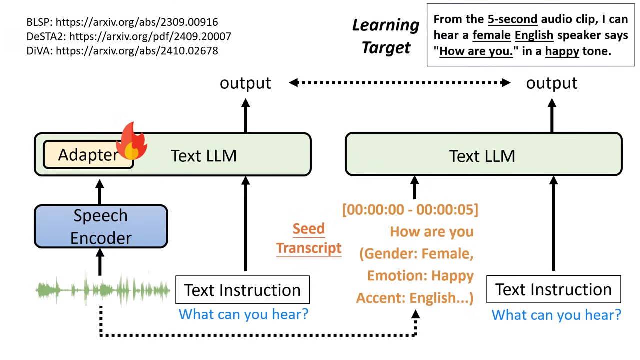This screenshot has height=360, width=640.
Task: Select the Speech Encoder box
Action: tap(101, 226)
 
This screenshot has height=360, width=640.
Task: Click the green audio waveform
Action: tap(102, 289)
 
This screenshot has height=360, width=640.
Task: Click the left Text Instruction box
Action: tap(242, 290)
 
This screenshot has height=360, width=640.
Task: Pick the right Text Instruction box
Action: tap(553, 289)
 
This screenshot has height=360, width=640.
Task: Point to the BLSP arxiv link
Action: tap(137, 22)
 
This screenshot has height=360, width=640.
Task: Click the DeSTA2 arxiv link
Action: tap(143, 36)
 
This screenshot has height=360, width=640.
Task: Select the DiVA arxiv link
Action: tap(137, 50)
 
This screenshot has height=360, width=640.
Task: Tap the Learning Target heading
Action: tap(386, 36)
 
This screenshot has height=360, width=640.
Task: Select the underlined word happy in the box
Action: tap(562, 51)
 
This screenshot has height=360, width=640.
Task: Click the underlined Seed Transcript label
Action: tap(309, 238)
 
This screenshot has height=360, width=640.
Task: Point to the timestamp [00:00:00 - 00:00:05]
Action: tap(410, 210)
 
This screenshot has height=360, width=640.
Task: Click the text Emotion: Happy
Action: tap(420, 276)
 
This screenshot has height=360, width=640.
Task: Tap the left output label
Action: tap(245, 83)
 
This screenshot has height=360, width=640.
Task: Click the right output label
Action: tap(551, 83)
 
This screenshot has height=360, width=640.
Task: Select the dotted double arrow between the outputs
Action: tap(400, 83)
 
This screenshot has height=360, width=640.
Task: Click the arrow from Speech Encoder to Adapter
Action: tap(100, 191)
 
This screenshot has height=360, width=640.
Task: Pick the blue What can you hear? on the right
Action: tap(556, 315)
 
